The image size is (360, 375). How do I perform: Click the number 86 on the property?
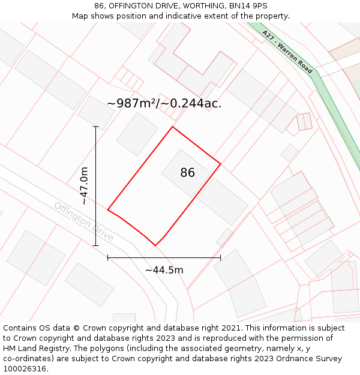click(187, 173)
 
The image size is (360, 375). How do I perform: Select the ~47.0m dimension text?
click(85, 186)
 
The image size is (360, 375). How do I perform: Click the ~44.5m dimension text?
click(164, 270)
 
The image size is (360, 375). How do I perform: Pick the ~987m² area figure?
click(131, 103)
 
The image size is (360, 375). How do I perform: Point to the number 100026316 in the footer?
click(25, 369)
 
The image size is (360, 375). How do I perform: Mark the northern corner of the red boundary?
click(173, 127)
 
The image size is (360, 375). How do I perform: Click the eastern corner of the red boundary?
click(220, 163)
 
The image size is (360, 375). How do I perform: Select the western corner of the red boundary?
click(108, 209)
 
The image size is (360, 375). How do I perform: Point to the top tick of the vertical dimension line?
click(95, 127)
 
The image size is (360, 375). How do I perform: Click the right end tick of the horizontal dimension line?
click(220, 257)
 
